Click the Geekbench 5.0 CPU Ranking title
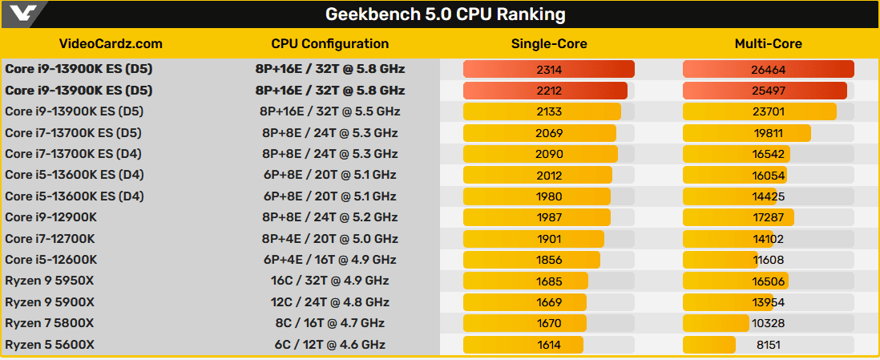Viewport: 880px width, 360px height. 445,14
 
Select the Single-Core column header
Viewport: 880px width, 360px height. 549,44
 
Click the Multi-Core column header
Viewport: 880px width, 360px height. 768,44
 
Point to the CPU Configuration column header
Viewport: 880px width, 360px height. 330,44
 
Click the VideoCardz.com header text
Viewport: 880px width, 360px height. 111,44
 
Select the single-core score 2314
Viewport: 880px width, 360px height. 549,70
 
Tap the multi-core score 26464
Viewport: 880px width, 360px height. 768,70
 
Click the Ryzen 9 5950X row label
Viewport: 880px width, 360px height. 50,281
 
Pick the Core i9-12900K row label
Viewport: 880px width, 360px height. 51,217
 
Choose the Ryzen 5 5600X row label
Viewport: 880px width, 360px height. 50,345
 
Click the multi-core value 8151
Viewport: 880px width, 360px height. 768,345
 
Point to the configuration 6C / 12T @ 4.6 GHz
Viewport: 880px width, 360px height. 330,345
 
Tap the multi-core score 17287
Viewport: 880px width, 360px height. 768,217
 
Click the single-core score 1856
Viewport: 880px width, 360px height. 549,260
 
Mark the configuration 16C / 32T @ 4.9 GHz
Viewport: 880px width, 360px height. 330,281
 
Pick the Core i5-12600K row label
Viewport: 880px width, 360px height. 51,260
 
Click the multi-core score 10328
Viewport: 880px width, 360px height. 768,323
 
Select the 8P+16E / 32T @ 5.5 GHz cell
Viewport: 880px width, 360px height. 330,111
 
